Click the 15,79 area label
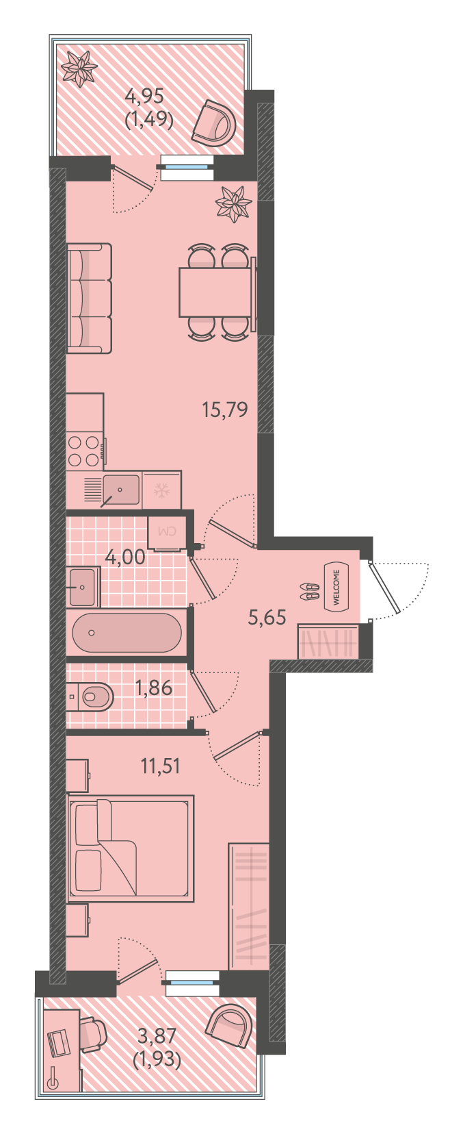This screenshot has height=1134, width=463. coord(225,409)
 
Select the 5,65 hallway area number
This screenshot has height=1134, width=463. coord(267,618)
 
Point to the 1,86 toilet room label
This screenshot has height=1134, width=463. coord(154,688)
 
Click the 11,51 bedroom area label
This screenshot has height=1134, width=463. coord(160,766)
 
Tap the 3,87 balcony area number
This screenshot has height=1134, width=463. coord(157,1036)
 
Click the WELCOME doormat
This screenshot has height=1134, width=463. coord(337,588)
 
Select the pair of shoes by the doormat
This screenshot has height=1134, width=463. coord(310,591)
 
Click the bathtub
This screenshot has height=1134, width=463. coord(127,633)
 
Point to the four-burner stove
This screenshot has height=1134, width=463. coord(84,451)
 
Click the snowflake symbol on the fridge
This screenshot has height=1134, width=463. coord(161,490)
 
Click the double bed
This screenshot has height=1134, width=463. coord(131,848)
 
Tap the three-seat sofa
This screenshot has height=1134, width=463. coord(89,298)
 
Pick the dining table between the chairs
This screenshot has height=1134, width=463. coord(215,292)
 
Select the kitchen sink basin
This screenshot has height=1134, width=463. coord(121,490)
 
